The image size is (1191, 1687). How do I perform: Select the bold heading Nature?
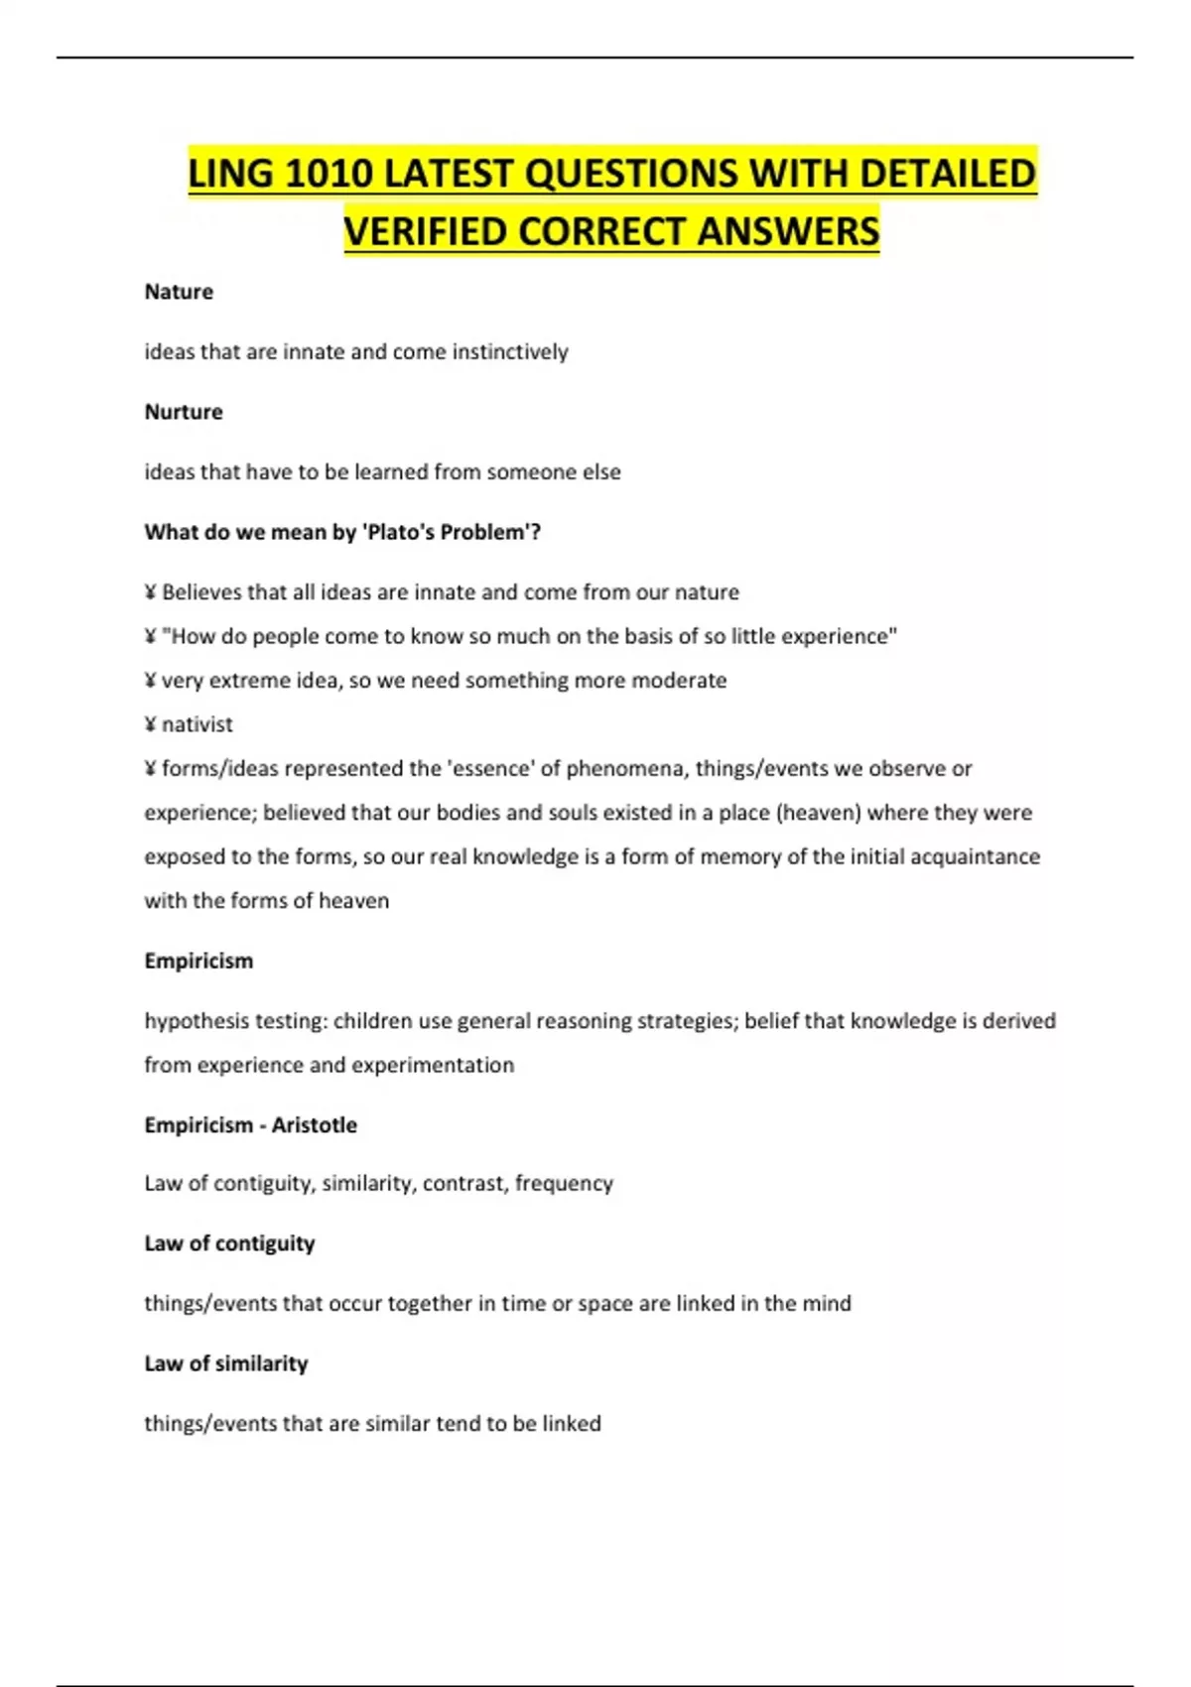pos(179,292)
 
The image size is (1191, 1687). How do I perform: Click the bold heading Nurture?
pos(184,412)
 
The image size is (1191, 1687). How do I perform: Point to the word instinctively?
pos(510,352)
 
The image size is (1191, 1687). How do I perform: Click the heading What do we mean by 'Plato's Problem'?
pos(342,532)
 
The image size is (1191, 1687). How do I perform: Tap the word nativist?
pos(198,724)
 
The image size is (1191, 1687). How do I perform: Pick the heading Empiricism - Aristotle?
pos(250,1124)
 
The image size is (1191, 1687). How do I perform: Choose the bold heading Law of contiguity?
pos(229,1243)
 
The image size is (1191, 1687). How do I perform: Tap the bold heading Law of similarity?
pos(226,1363)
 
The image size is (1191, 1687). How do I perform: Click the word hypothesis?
pos(188,1021)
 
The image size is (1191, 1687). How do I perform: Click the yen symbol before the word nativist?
pos(150,724)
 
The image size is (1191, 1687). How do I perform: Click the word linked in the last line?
pos(572,1423)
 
